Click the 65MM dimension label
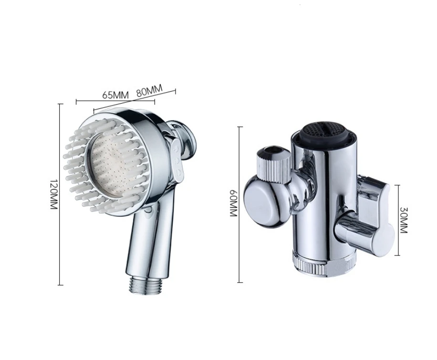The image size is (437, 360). pos(115,95)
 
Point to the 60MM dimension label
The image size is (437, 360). pos(233,203)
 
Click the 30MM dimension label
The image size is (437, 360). pos(404,220)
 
